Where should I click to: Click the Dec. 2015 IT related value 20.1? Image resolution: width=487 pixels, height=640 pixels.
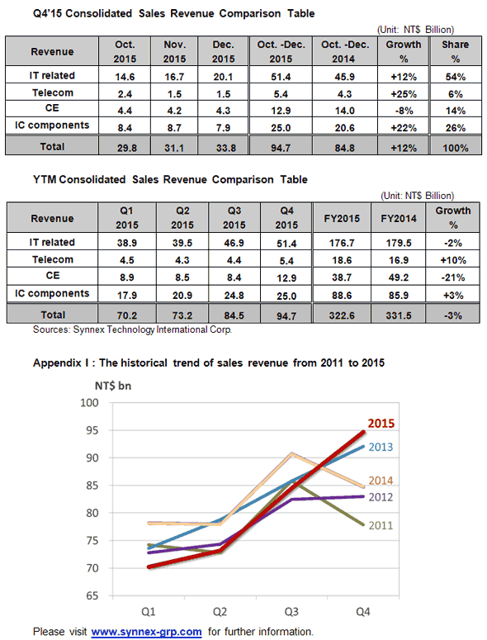click(223, 77)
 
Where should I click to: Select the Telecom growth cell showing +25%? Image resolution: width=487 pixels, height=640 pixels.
click(404, 94)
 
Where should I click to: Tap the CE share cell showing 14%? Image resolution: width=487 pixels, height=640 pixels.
click(455, 111)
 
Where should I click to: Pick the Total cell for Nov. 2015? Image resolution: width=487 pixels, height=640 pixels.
click(174, 148)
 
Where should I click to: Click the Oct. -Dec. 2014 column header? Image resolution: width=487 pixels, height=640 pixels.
click(345, 51)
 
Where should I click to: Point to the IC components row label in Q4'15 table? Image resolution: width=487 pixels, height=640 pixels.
click(52, 125)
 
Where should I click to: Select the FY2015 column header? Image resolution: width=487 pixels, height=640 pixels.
click(342, 218)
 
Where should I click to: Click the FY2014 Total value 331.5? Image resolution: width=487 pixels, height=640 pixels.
click(399, 315)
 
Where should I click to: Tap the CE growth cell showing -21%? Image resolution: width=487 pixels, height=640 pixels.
click(452, 277)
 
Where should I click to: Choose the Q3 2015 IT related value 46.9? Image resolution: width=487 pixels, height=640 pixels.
click(234, 243)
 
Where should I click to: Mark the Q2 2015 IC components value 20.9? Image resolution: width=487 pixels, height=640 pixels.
click(182, 295)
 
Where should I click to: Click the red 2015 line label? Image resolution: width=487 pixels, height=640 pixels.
click(381, 424)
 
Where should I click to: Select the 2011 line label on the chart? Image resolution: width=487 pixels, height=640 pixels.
click(381, 525)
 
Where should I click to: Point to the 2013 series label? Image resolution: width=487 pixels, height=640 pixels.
click(381, 447)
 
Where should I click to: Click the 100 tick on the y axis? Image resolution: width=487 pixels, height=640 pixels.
click(89, 402)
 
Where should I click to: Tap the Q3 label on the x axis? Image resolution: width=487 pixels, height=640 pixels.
click(291, 611)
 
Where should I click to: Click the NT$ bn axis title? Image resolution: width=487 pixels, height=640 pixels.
click(113, 386)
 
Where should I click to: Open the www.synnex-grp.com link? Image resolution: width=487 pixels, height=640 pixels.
click(146, 632)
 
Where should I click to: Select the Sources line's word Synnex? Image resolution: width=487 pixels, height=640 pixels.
click(88, 329)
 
